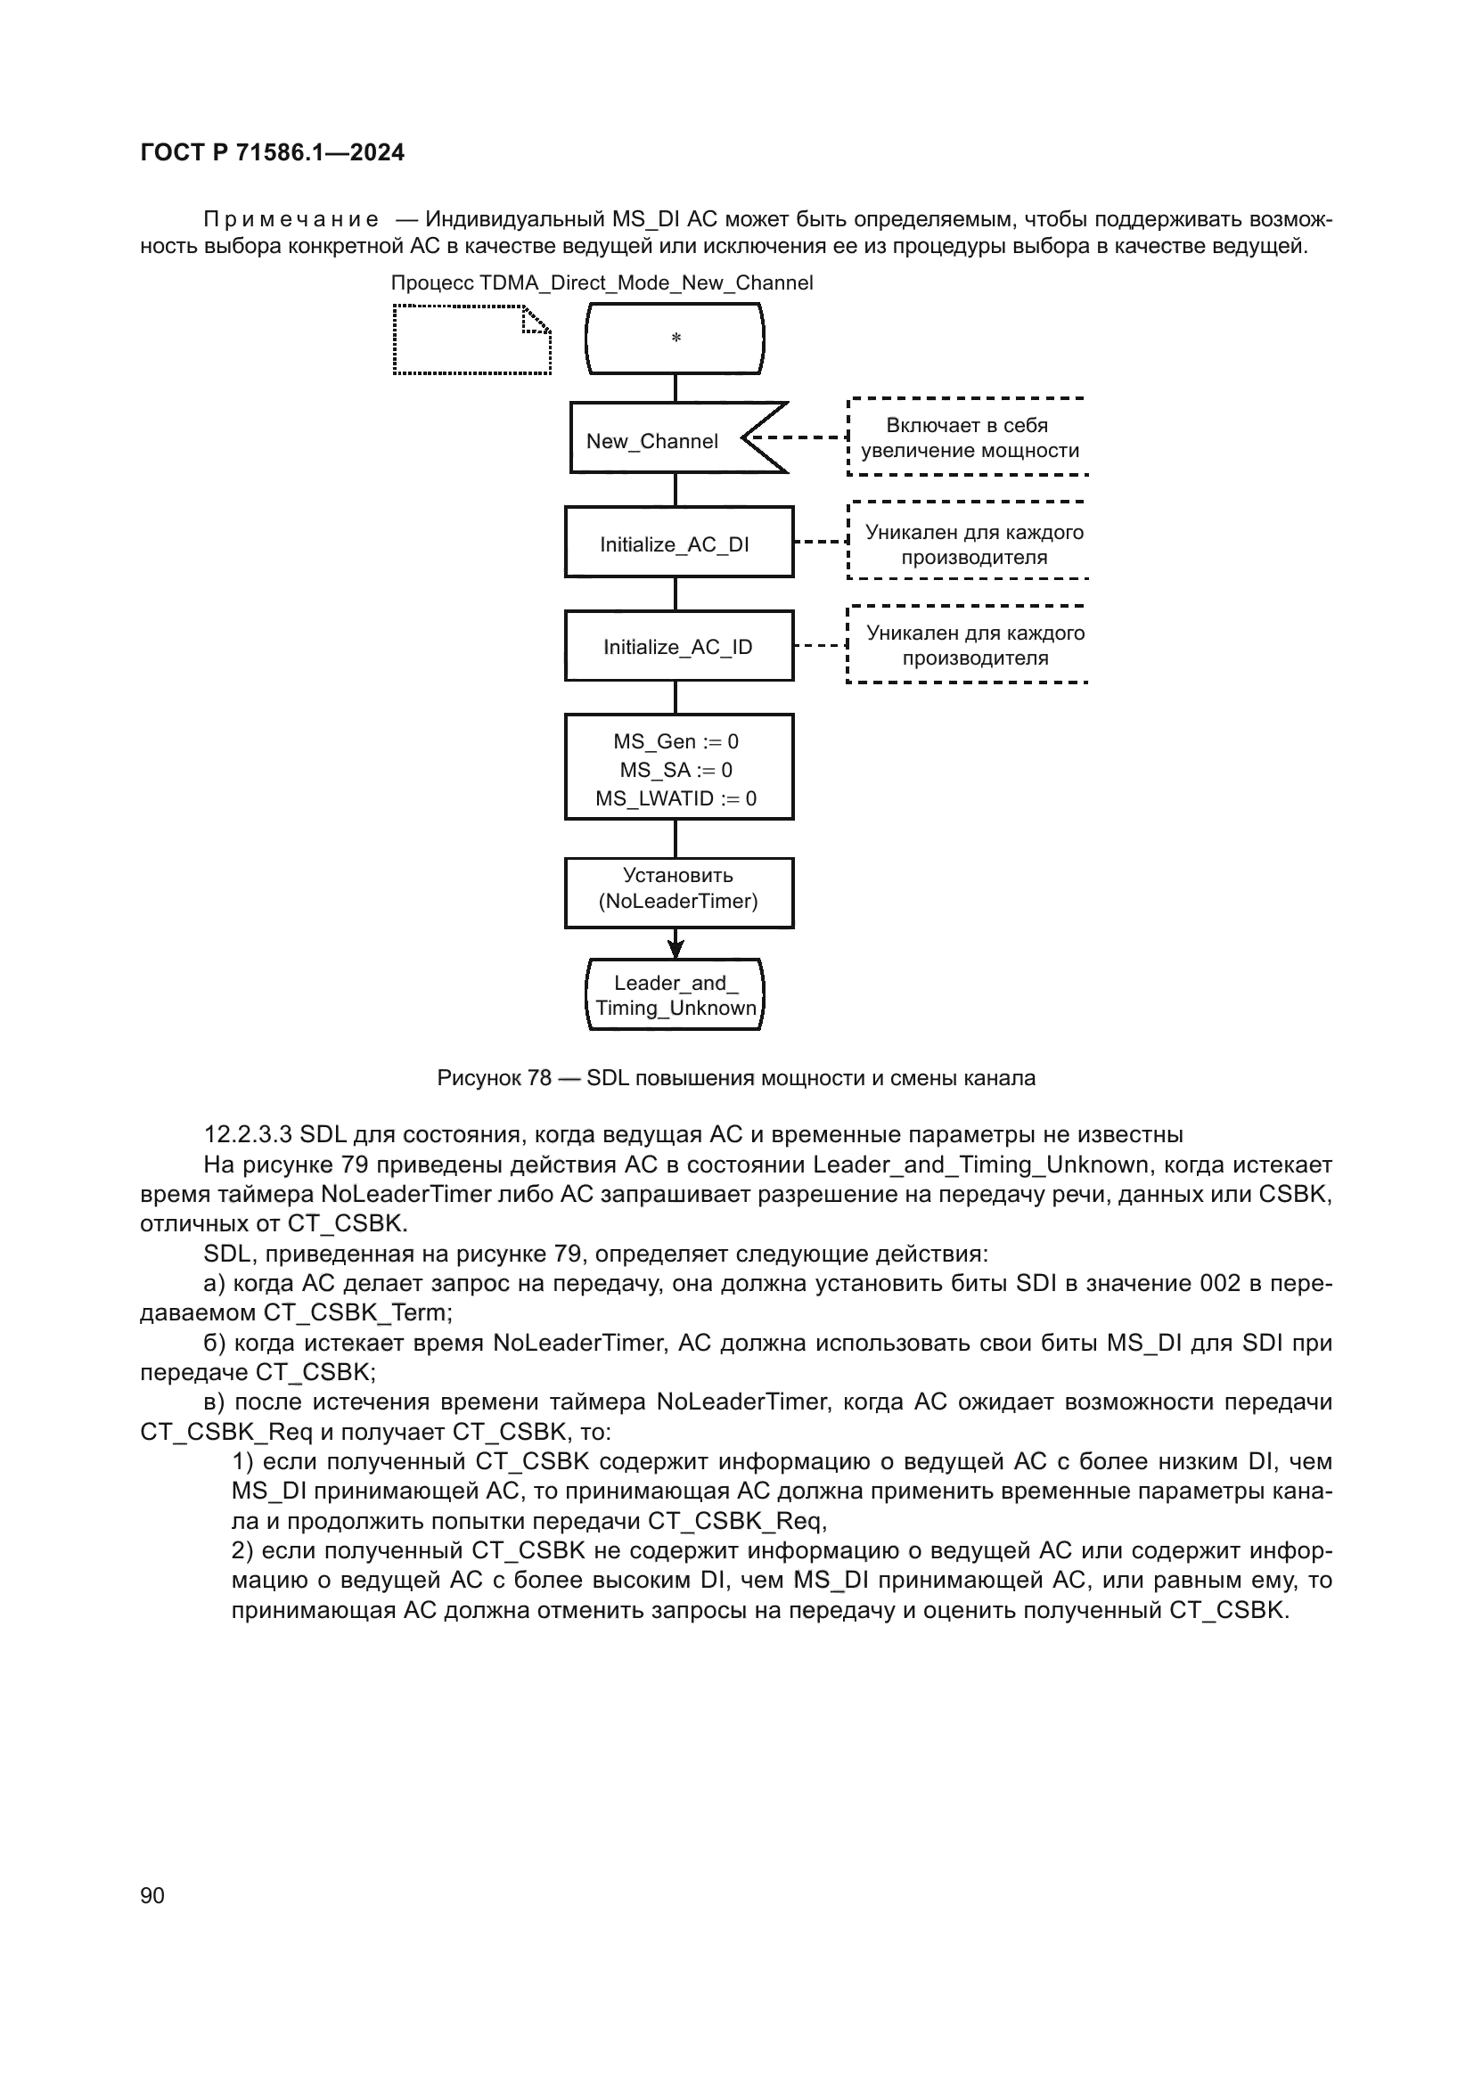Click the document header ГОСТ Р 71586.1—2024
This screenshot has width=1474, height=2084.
click(x=273, y=152)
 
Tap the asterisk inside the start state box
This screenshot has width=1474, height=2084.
click(x=676, y=339)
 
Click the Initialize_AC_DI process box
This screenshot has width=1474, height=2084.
click(x=678, y=543)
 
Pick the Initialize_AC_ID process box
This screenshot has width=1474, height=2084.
click(x=678, y=646)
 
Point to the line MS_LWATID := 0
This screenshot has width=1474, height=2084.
click(x=676, y=798)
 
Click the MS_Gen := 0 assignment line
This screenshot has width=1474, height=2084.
click(x=676, y=741)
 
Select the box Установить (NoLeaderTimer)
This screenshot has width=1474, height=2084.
click(x=678, y=889)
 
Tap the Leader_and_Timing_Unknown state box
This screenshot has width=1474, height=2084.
click(x=676, y=996)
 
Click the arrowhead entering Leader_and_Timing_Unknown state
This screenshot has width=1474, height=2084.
click(x=676, y=949)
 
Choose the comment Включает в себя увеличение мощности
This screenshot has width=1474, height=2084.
click(x=969, y=437)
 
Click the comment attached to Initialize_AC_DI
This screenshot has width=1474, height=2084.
click(x=973, y=543)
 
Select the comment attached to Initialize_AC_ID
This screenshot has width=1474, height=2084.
click(x=974, y=645)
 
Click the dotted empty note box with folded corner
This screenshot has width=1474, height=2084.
click(x=471, y=340)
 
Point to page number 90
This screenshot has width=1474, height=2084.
click(x=152, y=1895)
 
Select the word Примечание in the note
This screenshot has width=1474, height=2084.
click(x=291, y=220)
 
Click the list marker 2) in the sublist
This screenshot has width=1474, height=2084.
click(x=243, y=1550)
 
